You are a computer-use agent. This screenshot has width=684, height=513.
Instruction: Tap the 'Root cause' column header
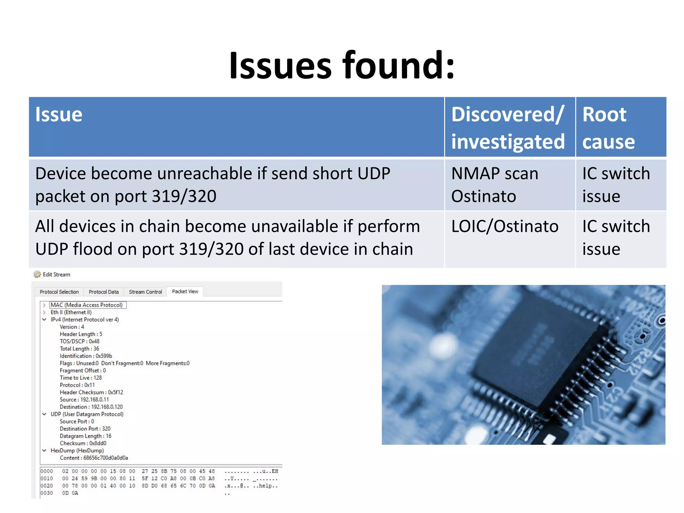(608, 128)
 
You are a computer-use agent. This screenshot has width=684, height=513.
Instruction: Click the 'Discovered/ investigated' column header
(508, 128)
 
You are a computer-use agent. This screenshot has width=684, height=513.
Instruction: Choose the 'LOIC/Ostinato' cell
(505, 226)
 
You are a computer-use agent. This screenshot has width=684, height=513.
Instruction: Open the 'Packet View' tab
(185, 292)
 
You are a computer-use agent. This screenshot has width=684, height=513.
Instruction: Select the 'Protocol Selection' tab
(59, 292)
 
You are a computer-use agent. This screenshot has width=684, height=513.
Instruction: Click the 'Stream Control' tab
(145, 292)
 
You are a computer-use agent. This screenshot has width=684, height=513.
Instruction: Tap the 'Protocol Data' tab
(104, 292)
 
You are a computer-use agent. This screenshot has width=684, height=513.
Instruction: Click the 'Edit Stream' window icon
(37, 275)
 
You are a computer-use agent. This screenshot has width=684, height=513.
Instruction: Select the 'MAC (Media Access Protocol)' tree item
(87, 305)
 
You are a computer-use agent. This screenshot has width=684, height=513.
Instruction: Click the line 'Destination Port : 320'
(85, 429)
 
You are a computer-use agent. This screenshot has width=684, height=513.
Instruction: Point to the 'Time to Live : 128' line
(80, 378)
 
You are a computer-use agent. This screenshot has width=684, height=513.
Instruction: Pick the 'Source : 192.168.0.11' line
(84, 400)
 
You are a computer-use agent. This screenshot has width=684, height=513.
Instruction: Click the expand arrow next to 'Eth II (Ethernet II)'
(44, 313)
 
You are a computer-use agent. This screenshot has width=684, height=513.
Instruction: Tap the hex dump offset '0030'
(47, 493)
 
